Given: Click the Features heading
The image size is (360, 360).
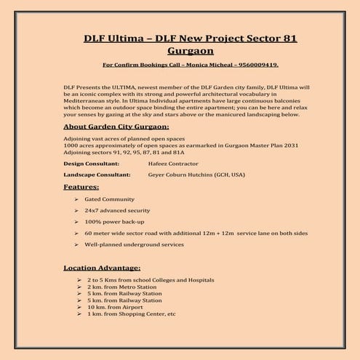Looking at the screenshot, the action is coord(82,187).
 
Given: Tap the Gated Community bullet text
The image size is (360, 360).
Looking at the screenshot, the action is coord(110,199).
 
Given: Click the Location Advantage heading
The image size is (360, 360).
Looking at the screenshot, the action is coord(102,267).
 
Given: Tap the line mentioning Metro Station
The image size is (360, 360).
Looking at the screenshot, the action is coord(121,287).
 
